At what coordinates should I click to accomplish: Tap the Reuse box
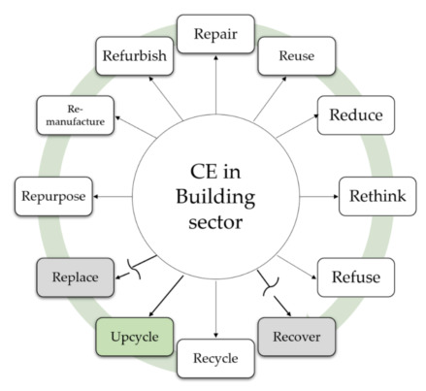[295, 56]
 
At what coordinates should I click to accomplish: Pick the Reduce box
[355, 115]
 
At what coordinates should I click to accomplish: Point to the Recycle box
[214, 357]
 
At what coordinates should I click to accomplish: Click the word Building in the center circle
[213, 198]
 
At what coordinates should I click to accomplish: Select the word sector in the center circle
[213, 224]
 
